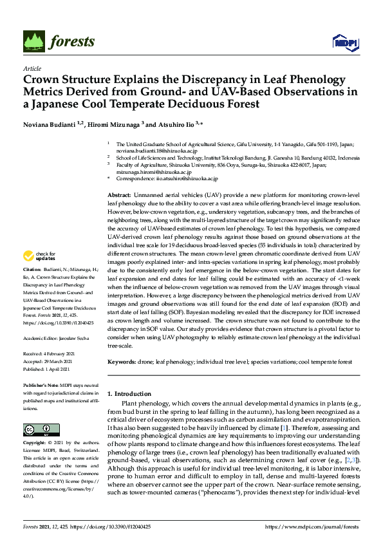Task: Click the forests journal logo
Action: click(x=59, y=42)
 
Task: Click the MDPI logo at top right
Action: click(x=341, y=42)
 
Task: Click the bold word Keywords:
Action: click(x=121, y=362)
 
